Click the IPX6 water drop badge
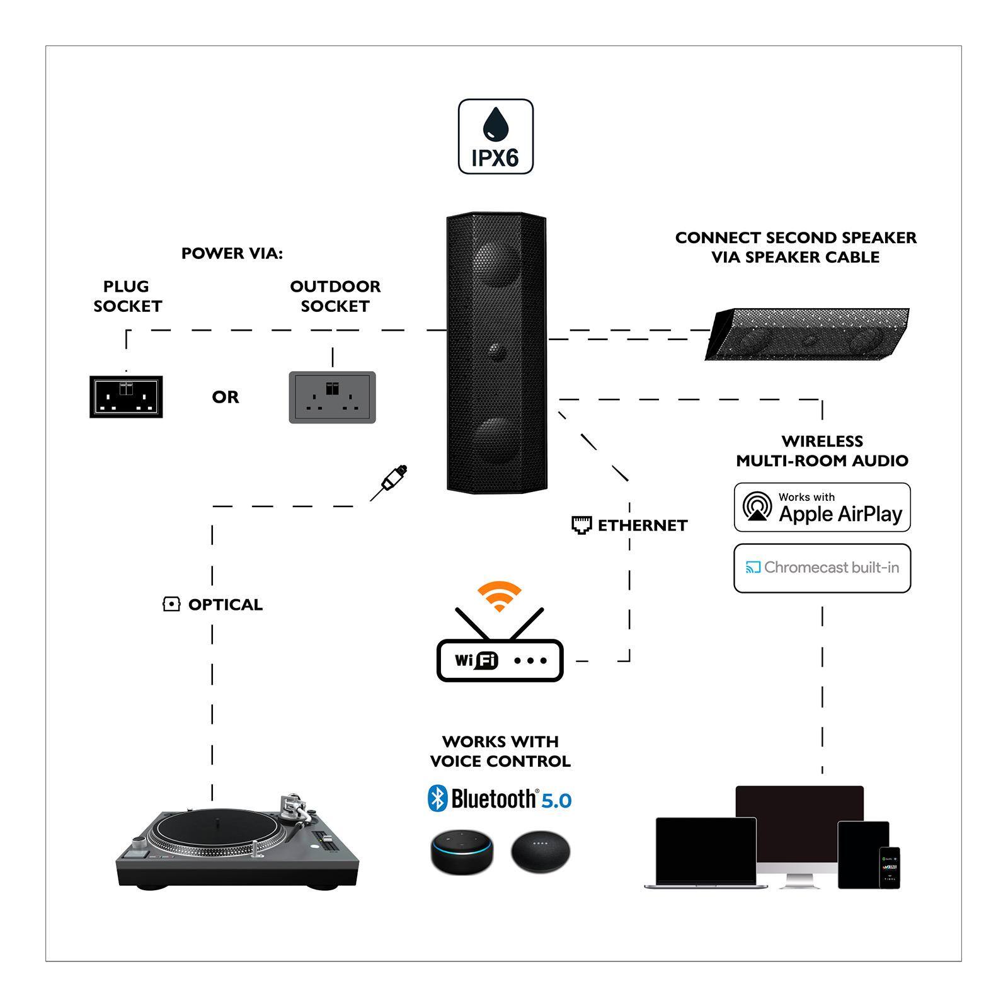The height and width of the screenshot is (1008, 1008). click(496, 136)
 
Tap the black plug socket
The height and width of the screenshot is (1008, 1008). click(126, 396)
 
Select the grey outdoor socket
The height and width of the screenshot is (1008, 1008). click(332, 397)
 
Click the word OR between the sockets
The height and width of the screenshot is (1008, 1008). click(226, 397)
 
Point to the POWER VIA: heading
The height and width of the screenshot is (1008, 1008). click(232, 253)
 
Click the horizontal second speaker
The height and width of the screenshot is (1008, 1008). click(807, 334)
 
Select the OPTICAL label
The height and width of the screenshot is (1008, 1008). click(225, 605)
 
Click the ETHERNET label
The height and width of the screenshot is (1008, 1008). click(642, 525)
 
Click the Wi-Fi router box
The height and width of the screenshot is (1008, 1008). click(500, 660)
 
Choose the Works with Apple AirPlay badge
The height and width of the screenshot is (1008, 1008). click(822, 508)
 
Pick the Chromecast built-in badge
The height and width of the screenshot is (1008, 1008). click(822, 568)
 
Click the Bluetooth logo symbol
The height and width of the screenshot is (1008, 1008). click(437, 799)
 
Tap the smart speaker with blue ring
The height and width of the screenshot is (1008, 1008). click(462, 852)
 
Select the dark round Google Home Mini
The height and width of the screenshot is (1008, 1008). click(540, 852)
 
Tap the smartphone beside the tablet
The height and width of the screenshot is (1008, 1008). click(889, 867)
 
